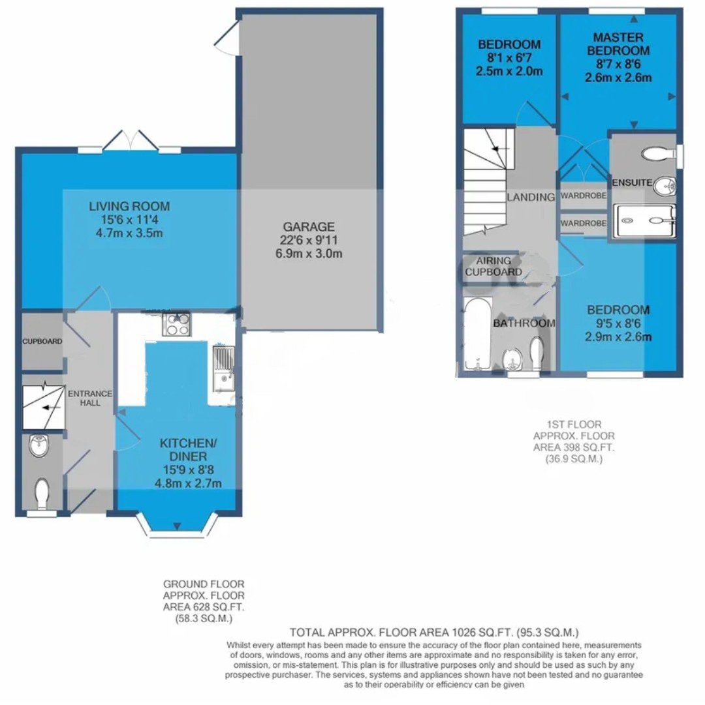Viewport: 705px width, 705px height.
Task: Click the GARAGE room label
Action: tap(309, 227)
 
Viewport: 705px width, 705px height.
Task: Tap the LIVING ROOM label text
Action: tap(129, 207)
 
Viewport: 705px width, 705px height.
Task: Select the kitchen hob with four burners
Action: tap(176, 323)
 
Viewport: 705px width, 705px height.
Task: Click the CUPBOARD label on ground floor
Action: tap(42, 342)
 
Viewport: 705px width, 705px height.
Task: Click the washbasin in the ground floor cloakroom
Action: tap(39, 446)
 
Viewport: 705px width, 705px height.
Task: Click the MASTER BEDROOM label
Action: tap(618, 44)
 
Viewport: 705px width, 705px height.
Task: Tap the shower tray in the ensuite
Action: tap(644, 222)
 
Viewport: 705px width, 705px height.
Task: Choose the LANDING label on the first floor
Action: tap(531, 197)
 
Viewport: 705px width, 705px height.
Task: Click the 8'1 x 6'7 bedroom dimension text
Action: tap(509, 58)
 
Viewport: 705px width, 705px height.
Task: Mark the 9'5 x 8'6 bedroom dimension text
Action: tap(618, 323)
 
